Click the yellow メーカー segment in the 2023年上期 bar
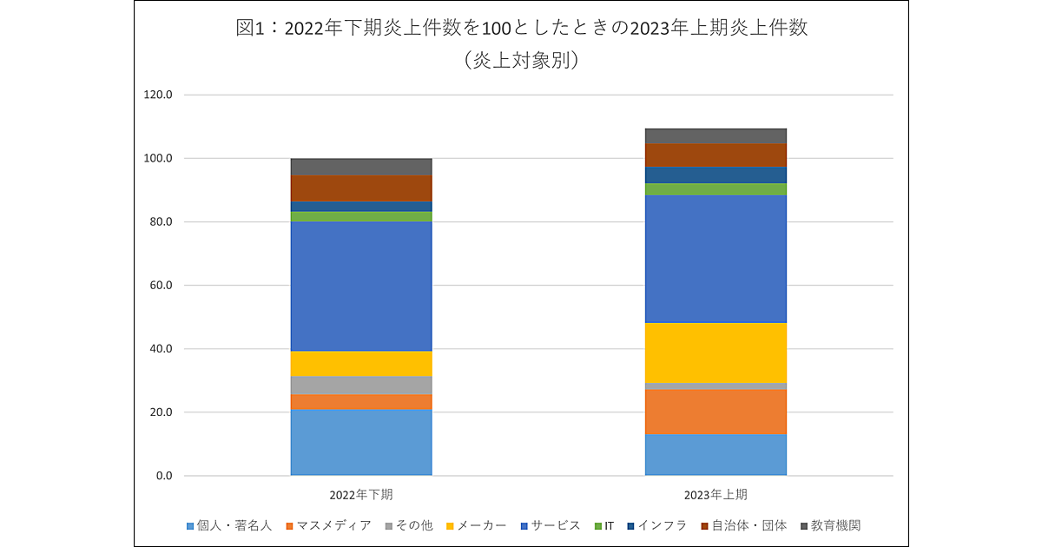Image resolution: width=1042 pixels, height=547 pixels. click(716, 353)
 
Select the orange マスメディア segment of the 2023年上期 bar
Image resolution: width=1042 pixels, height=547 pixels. click(716, 412)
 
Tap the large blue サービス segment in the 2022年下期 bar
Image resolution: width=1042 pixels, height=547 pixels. click(361, 286)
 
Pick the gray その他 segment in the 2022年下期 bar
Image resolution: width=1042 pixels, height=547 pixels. click(361, 385)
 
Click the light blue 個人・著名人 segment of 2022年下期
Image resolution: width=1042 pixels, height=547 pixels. click(361, 442)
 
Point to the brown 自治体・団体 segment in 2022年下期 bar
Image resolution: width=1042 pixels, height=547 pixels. click(361, 188)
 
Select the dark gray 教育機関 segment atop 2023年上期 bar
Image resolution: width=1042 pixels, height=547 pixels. click(716, 135)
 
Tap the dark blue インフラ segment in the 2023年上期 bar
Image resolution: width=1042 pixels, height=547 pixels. click(716, 175)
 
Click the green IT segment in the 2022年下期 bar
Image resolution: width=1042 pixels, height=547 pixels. click(361, 216)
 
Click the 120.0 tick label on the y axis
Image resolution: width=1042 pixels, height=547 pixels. click(158, 95)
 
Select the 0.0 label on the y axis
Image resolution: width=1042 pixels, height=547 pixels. click(163, 476)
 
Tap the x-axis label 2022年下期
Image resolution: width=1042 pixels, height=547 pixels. click(361, 495)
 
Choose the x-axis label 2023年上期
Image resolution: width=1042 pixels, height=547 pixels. click(716, 495)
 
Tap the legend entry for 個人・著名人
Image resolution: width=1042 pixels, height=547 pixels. click(229, 525)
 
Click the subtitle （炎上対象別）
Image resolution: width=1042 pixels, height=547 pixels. click(521, 60)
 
